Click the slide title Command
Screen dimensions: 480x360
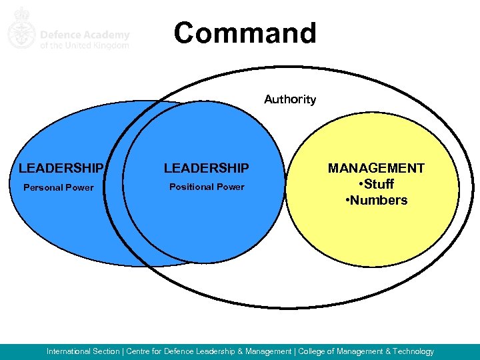[x=245, y=33]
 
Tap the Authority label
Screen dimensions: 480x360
[x=290, y=99]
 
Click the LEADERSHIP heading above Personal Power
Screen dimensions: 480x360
[x=61, y=168]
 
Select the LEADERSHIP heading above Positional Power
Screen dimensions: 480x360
[x=206, y=168]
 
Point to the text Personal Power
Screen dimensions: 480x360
[x=59, y=187]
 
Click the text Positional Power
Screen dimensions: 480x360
[x=207, y=187]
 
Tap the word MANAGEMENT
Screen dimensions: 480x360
[x=376, y=169]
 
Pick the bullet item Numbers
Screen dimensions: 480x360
[x=377, y=200]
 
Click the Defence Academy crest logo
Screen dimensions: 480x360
[x=21, y=29]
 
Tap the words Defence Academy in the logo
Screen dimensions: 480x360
[x=85, y=35]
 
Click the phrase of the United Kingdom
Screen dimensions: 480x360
[x=85, y=46]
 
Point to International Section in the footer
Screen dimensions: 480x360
[x=83, y=351]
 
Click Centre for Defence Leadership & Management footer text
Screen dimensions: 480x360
[x=209, y=351]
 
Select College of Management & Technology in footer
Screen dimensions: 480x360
[x=366, y=351]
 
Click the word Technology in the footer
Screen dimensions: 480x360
[x=413, y=351]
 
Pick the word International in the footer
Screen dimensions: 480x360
[x=69, y=351]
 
